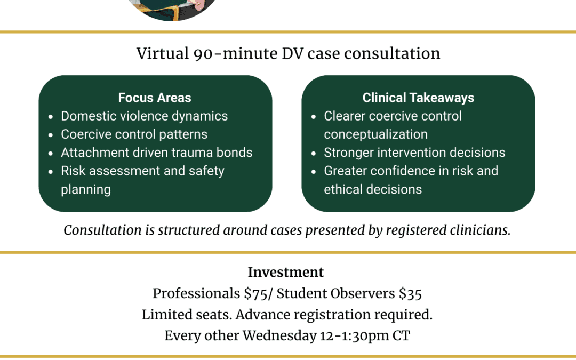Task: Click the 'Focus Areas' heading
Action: (x=155, y=98)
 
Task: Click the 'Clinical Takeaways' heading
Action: (x=418, y=98)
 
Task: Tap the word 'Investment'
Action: (x=285, y=272)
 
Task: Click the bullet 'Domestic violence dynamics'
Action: (x=144, y=116)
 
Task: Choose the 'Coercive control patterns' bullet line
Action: (x=134, y=134)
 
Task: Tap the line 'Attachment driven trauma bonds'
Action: (x=156, y=152)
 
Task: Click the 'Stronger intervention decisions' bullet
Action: (x=414, y=152)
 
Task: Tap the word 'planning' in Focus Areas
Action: (x=86, y=189)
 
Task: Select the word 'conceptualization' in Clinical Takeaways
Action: (x=375, y=134)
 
